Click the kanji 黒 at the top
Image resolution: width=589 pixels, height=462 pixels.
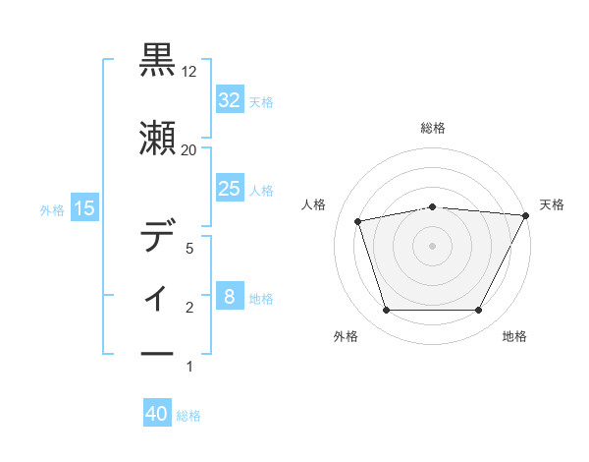(158, 60)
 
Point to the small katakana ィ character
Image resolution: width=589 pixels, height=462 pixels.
(158, 296)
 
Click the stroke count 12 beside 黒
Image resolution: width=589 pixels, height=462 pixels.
(189, 73)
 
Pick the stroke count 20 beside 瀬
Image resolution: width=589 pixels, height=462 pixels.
(189, 149)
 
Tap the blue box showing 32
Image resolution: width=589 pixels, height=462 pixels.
(229, 99)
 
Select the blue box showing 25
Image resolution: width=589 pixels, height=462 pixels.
(229, 189)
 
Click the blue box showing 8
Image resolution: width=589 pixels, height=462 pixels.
(229, 297)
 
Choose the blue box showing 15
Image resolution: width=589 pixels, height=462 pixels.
(84, 207)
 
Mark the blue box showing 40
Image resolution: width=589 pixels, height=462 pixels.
(157, 415)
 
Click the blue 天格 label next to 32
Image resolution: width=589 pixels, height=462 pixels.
(261, 101)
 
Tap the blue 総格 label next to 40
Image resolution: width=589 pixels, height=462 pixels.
(188, 416)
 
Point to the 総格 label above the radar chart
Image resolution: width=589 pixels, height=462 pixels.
(433, 128)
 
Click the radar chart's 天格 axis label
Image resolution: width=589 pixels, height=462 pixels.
(552, 204)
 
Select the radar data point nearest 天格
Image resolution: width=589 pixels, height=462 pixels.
(526, 215)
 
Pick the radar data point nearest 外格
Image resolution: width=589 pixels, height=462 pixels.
(386, 311)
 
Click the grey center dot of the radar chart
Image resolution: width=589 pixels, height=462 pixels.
(432, 246)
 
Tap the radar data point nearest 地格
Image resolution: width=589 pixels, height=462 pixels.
(478, 311)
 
